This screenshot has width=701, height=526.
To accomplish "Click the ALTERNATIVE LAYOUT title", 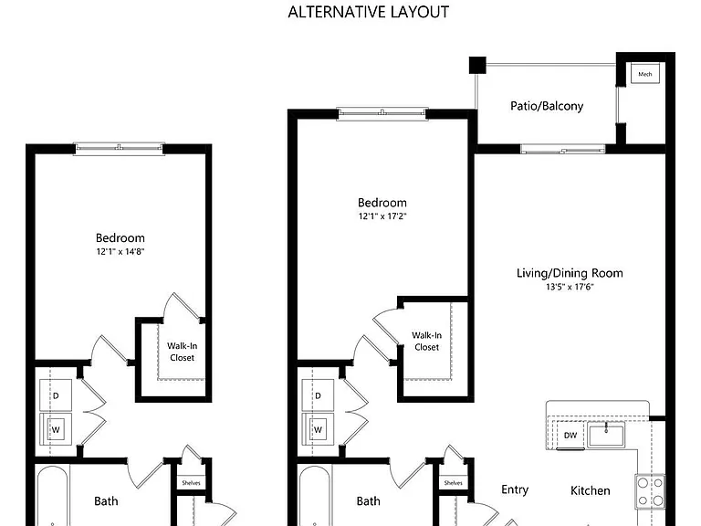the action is tap(369, 12).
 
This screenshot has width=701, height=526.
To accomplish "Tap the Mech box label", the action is tap(644, 74).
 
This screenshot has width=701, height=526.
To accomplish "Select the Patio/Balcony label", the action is tap(547, 106).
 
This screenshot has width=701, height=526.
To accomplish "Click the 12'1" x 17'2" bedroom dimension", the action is tap(382, 216).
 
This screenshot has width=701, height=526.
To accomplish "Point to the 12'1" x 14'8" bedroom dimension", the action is tap(120, 251).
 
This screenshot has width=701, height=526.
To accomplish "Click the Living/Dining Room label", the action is tap(570, 273).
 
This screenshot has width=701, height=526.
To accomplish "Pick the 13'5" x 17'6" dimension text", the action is tap(570, 287).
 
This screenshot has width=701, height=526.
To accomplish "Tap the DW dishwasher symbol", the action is tap(570, 435).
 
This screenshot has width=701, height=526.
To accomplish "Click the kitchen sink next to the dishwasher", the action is tap(606, 436).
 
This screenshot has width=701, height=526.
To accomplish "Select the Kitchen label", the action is tap(591, 490).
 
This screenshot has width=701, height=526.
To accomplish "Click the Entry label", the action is tap(515, 489).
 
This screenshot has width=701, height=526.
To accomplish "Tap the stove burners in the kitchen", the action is tap(651, 491).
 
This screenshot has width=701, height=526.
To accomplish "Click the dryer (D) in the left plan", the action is tap(56, 395).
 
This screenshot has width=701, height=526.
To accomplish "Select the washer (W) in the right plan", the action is tap(318, 429).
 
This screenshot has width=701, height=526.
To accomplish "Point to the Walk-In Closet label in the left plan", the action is tap(182, 352).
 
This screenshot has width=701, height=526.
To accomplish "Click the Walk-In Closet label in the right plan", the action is tap(426, 342).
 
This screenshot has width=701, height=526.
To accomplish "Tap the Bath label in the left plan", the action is tap(106, 501).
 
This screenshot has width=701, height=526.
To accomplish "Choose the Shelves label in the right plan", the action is tap(454, 483).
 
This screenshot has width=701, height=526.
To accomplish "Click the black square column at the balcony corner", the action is tap(477, 66).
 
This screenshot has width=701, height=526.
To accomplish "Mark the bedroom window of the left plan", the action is tap(119, 148).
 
